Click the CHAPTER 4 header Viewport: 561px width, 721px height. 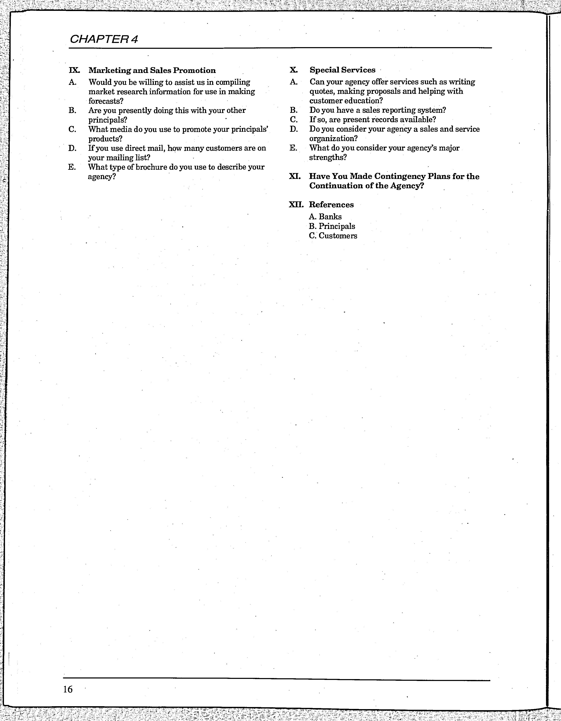(104, 39)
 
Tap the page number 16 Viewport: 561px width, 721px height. (68, 689)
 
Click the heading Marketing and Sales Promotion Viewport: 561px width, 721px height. (152, 70)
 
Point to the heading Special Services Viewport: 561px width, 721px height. (342, 70)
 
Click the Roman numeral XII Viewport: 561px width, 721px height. (296, 205)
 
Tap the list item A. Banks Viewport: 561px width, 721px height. (325, 217)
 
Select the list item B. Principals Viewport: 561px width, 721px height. (332, 226)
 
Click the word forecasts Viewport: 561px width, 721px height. (106, 101)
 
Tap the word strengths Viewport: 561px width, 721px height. (328, 157)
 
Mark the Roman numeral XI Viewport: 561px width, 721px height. (295, 176)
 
